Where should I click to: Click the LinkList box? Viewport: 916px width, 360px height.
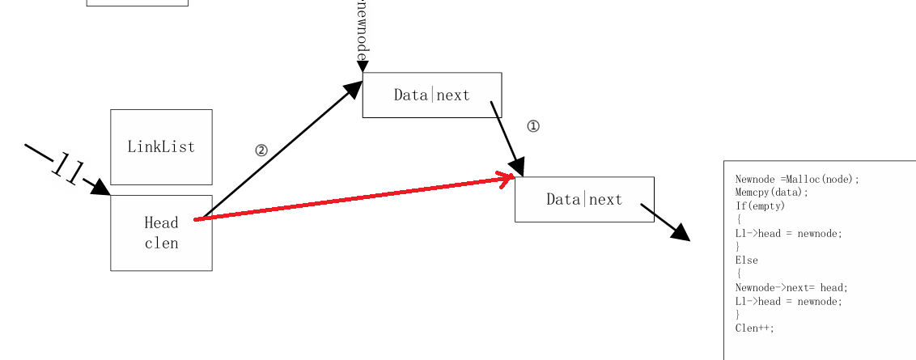click(161, 147)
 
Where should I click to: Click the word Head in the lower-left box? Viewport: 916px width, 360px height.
click(161, 222)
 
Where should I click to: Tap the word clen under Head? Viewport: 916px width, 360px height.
click(161, 243)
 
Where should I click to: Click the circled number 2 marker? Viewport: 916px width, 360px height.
click(261, 150)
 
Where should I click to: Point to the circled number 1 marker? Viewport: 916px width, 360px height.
click(532, 126)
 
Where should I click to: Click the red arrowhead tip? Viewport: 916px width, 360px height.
click(511, 177)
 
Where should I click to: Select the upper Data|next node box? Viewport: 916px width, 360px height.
click(431, 95)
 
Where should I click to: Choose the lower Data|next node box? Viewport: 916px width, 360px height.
click(584, 199)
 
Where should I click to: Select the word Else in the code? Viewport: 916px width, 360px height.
click(746, 260)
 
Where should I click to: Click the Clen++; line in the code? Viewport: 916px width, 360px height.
click(754, 328)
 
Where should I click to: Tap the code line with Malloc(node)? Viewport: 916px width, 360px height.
click(796, 179)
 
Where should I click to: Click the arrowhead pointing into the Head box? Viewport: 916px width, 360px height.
click(100, 188)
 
